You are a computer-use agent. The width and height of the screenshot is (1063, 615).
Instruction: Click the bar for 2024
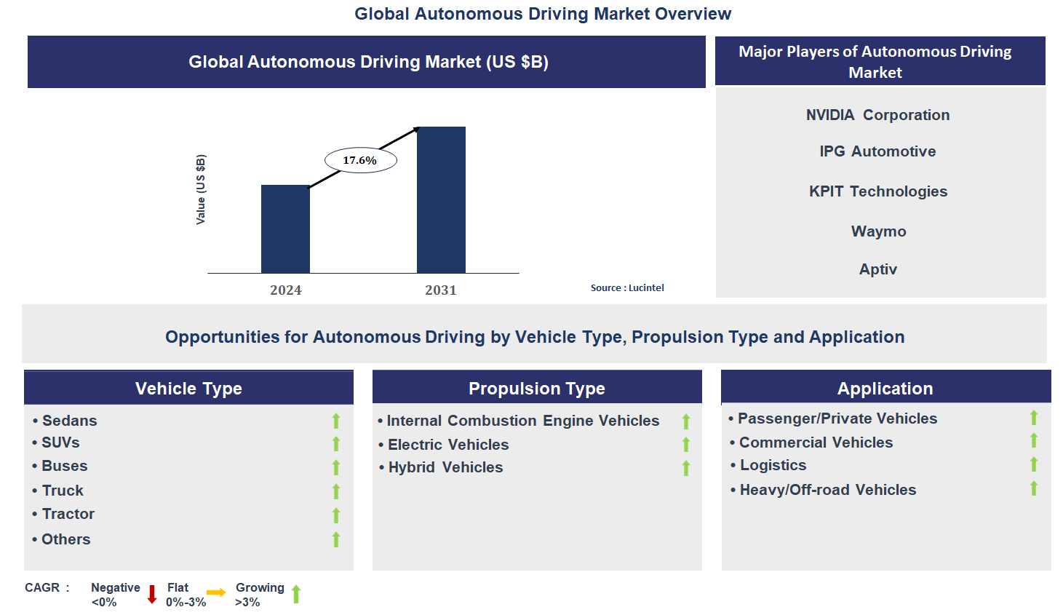pyautogui.click(x=285, y=229)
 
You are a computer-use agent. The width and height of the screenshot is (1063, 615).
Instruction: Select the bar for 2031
pyautogui.click(x=441, y=199)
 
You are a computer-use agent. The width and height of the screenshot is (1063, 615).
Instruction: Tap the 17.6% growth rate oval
pyautogui.click(x=360, y=160)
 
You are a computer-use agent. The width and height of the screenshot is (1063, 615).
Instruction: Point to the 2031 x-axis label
pyautogui.click(x=441, y=290)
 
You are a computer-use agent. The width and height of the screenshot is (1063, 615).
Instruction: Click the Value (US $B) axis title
pyautogui.click(x=201, y=189)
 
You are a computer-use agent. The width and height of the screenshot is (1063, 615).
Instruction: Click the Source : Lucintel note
pyautogui.click(x=627, y=287)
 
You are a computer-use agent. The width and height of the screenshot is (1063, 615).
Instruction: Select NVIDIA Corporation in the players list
pyautogui.click(x=877, y=115)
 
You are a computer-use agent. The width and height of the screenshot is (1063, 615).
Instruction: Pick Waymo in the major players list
pyautogui.click(x=878, y=231)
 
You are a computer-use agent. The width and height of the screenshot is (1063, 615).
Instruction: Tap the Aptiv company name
pyautogui.click(x=878, y=269)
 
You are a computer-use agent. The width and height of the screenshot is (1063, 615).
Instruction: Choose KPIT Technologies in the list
pyautogui.click(x=878, y=191)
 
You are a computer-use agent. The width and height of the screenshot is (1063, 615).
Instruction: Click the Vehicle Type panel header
pyautogui.click(x=188, y=388)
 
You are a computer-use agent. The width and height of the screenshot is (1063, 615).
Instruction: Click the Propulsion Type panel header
pyautogui.click(x=537, y=388)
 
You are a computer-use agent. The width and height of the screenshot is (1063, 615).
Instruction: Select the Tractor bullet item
pyautogui.click(x=68, y=514)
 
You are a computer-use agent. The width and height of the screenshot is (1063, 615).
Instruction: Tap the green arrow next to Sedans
pyautogui.click(x=336, y=421)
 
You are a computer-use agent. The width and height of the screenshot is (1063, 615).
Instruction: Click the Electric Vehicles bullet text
pyautogui.click(x=447, y=445)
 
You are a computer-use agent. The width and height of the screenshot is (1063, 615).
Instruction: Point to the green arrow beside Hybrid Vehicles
pyautogui.click(x=686, y=468)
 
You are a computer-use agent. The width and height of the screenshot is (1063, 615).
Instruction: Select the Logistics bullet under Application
pyautogui.click(x=773, y=465)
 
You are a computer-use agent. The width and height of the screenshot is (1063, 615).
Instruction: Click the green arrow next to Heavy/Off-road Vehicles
pyautogui.click(x=1034, y=488)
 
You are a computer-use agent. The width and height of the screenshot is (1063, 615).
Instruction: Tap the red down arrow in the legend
pyautogui.click(x=152, y=594)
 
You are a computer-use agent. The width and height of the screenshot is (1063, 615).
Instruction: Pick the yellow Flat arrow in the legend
pyautogui.click(x=216, y=592)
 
